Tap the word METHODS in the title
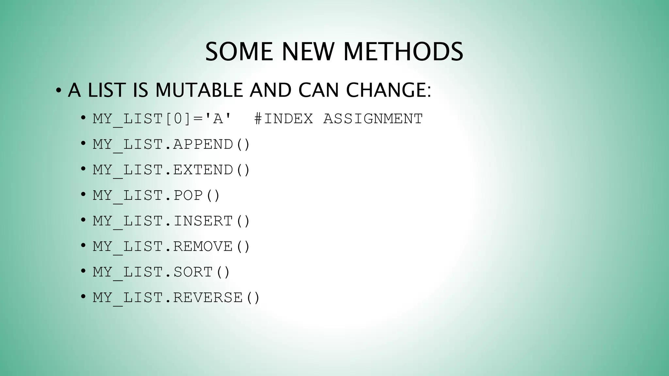[x=403, y=52]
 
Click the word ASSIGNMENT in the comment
[x=373, y=119]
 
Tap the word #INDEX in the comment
[x=284, y=119]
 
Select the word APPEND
[x=203, y=144]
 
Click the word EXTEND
[x=203, y=170]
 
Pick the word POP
[x=188, y=195]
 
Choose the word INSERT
[x=203, y=221]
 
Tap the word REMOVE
[x=203, y=246]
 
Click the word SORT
[x=193, y=272]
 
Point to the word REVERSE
[x=208, y=297]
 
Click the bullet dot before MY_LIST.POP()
[x=83, y=195]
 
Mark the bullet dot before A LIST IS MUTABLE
[x=58, y=90]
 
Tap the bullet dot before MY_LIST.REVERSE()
[x=83, y=297]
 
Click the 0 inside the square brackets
[x=178, y=119]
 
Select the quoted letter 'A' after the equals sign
[x=218, y=119]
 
